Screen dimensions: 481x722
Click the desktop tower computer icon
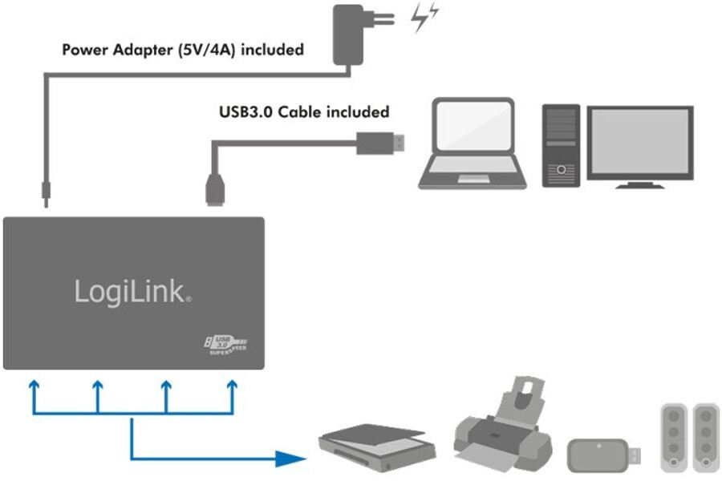tap(561, 145)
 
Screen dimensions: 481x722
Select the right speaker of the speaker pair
tap(705, 437)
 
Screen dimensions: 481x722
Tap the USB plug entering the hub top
tap(214, 187)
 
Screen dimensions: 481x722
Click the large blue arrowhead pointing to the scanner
tap(289, 459)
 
